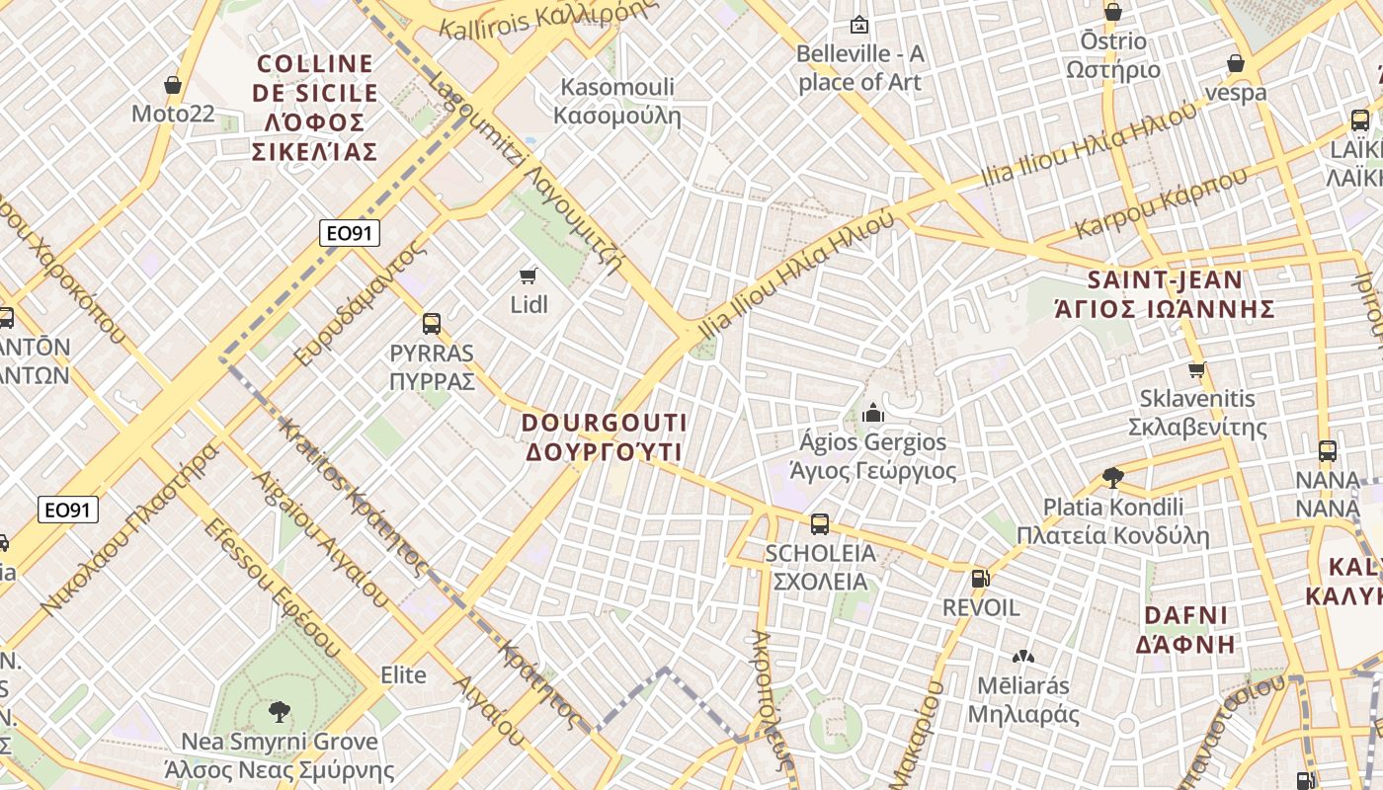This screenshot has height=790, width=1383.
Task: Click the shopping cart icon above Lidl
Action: [x=528, y=276]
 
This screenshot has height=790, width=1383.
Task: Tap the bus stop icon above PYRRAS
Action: [x=431, y=323]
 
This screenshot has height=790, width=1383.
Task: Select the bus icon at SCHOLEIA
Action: [x=819, y=524]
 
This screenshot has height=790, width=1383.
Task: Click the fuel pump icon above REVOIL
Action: [x=979, y=579]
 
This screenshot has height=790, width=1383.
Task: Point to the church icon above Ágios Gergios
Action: [x=872, y=412]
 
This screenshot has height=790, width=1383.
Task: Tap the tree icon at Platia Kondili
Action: [x=1112, y=478]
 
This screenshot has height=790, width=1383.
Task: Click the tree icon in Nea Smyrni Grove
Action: [x=280, y=711]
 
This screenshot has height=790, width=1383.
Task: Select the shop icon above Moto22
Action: [x=173, y=86]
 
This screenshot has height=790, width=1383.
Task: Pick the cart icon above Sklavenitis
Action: [x=1197, y=370]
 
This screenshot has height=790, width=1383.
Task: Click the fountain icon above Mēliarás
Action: [x=1022, y=656]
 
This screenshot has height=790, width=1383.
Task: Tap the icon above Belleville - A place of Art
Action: [x=858, y=25]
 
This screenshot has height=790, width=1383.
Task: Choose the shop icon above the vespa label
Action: [x=1235, y=64]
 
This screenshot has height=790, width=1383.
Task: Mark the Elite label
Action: [x=404, y=675]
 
